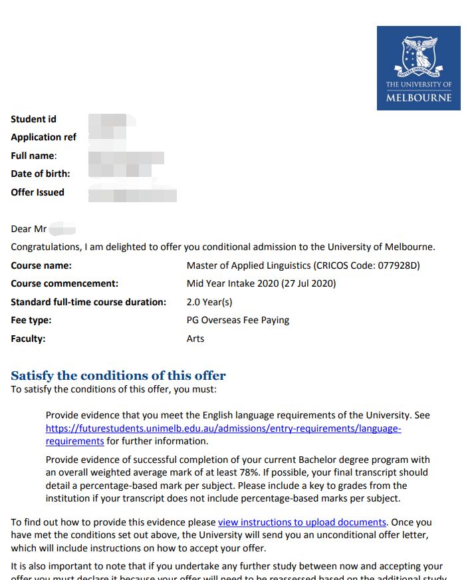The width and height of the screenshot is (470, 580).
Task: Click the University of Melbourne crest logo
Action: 418,56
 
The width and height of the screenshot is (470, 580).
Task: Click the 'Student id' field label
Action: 33,120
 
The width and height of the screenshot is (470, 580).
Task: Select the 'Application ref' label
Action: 43,138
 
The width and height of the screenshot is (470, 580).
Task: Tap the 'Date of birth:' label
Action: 40,174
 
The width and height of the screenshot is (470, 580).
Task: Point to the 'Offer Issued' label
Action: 37,193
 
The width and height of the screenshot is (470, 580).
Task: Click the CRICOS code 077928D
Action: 397,266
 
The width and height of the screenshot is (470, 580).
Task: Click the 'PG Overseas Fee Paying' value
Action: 238,321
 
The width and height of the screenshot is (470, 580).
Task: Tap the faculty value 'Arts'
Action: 195,339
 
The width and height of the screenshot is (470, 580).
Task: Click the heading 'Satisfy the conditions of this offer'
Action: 118,376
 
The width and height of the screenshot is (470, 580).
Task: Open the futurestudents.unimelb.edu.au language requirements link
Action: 223,429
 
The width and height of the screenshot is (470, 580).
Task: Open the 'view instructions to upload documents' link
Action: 302,523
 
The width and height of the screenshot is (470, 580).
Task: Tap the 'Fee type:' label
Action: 31,321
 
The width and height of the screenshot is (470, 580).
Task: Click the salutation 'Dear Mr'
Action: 29,229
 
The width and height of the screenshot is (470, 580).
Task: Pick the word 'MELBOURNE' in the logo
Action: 418,98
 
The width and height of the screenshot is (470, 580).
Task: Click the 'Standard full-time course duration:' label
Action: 88,302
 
